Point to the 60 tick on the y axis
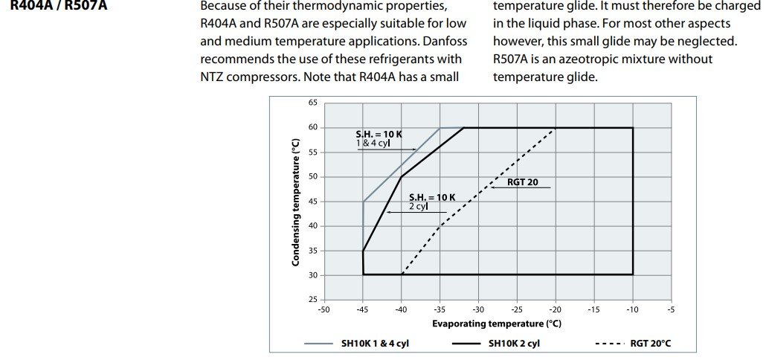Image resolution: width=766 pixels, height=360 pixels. (x=313, y=127)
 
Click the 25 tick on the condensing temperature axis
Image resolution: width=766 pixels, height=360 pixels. (x=313, y=299)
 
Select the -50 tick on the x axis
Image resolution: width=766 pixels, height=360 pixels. (x=324, y=309)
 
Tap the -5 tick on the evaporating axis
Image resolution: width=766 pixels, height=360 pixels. (x=671, y=309)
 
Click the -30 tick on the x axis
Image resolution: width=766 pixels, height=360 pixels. (x=478, y=309)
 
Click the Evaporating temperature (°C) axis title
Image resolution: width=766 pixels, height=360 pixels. (x=496, y=324)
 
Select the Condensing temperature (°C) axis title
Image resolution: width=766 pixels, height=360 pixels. (x=296, y=202)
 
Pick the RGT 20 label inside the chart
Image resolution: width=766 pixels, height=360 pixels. (x=522, y=182)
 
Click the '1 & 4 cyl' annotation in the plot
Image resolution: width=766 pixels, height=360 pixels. (x=373, y=144)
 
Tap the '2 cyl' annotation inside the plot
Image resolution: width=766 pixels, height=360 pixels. (x=419, y=207)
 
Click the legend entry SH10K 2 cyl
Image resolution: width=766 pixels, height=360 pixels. (x=514, y=344)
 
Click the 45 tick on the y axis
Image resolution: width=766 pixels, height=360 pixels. (x=313, y=201)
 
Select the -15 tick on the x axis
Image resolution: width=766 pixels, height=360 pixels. (x=593, y=309)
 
